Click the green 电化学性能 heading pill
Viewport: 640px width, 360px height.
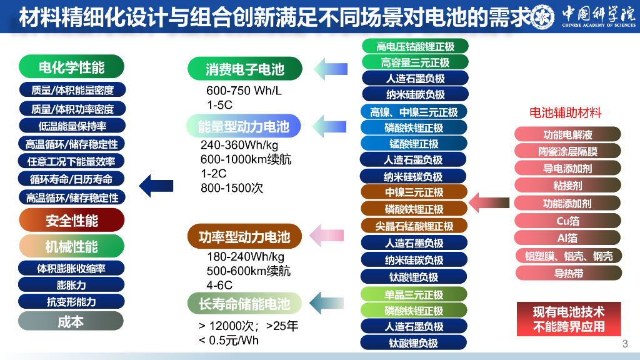[71, 67]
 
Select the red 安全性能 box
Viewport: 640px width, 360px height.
[71, 220]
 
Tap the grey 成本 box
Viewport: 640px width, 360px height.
[71, 321]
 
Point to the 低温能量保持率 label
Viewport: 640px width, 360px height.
[72, 126]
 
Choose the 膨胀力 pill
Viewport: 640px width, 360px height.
[71, 285]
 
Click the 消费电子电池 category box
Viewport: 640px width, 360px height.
[244, 69]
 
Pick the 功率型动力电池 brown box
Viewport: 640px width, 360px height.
[244, 237]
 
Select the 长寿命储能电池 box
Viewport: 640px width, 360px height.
[244, 304]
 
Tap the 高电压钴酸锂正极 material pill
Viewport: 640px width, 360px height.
[415, 46]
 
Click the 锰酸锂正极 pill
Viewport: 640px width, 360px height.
[415, 144]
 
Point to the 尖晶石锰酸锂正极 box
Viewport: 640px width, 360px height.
[415, 226]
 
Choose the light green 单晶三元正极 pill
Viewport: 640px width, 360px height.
[415, 294]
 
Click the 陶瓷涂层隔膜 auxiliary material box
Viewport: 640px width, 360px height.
[567, 151]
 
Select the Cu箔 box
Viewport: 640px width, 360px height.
[567, 221]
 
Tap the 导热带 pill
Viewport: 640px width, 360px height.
[567, 273]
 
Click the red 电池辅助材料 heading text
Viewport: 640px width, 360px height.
[566, 113]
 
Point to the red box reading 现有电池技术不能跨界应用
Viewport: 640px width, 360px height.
[569, 319]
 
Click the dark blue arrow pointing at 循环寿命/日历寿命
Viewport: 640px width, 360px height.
[156, 184]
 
